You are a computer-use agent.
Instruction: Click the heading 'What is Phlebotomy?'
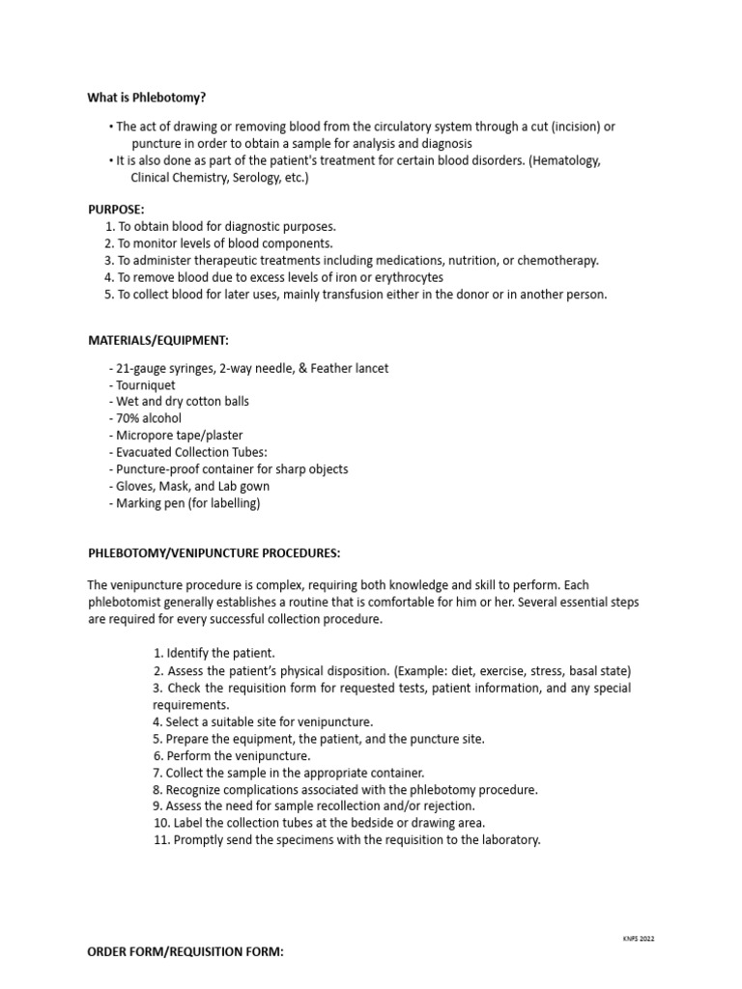(x=147, y=98)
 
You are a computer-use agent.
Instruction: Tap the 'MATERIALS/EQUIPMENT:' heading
(x=158, y=340)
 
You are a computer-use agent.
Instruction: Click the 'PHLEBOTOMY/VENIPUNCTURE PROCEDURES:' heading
(x=214, y=553)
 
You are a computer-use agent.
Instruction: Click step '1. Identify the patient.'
(x=214, y=653)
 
